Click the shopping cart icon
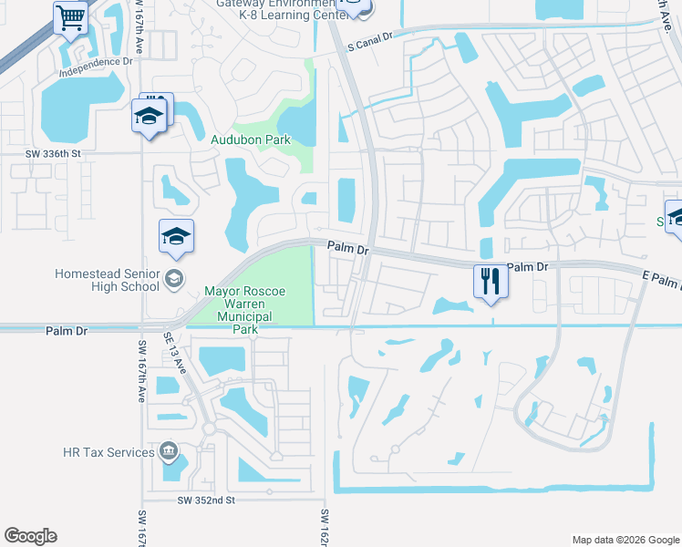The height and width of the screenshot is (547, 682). pyautogui.click(x=70, y=18)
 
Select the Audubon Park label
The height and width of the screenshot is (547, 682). pyautogui.click(x=251, y=140)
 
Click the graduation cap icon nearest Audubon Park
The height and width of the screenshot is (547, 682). pyautogui.click(x=148, y=116)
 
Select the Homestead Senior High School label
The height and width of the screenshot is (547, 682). pyautogui.click(x=106, y=280)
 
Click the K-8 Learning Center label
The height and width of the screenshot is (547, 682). pyautogui.click(x=272, y=15)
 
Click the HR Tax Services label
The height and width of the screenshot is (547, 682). pyautogui.click(x=108, y=452)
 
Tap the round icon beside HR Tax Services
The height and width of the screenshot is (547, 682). pyautogui.click(x=168, y=451)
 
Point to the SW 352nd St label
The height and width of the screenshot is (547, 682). pyautogui.click(x=207, y=501)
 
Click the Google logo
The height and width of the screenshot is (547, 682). pyautogui.click(x=30, y=536)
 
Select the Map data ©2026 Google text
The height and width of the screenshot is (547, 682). pyautogui.click(x=625, y=540)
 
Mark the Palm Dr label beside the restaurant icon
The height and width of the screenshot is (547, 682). pyautogui.click(x=526, y=267)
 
